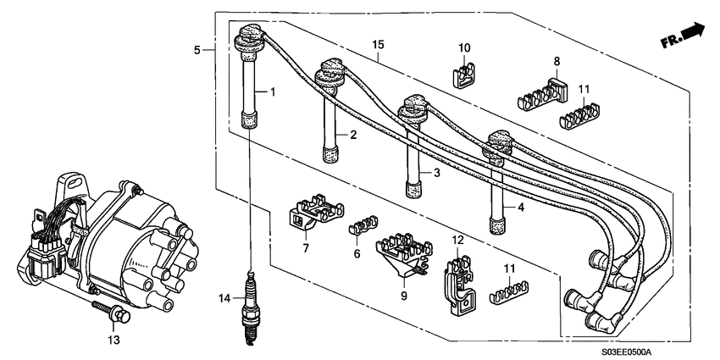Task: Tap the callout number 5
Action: pyautogui.click(x=197, y=50)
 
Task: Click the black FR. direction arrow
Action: pyautogui.click(x=693, y=31)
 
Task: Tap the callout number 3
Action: pyautogui.click(x=436, y=173)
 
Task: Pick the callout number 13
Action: pyautogui.click(x=114, y=341)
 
